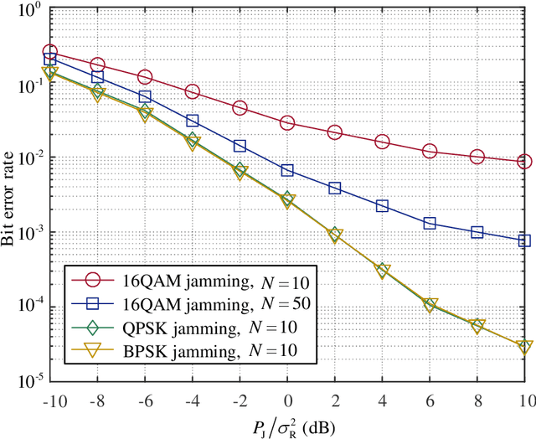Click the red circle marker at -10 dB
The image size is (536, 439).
pyautogui.click(x=50, y=52)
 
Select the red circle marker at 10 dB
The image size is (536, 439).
pyautogui.click(x=525, y=162)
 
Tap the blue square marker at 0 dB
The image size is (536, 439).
pyautogui.click(x=287, y=170)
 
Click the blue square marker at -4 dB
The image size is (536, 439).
pyautogui.click(x=193, y=121)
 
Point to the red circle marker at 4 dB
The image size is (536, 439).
pyautogui.click(x=383, y=142)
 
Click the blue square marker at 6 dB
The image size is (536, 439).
pyautogui.click(x=430, y=223)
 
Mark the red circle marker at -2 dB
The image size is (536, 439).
pyautogui.click(x=240, y=108)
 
